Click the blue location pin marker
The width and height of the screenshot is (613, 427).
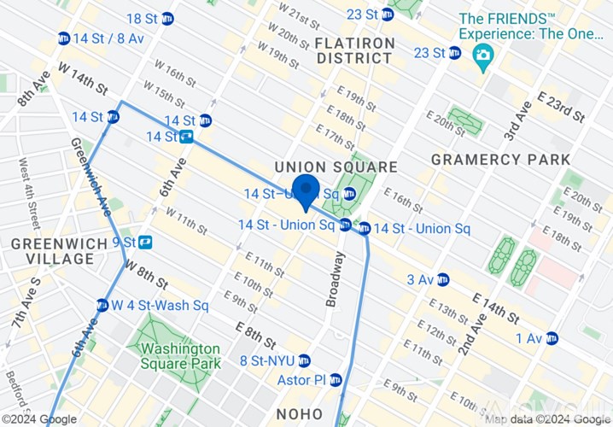pos(306,191)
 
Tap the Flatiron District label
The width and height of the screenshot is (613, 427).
pos(355,50)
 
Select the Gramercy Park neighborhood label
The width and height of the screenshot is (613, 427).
pos(500,160)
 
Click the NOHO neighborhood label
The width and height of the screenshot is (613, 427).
pos(300,413)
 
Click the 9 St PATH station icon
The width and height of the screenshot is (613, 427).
pos(144,243)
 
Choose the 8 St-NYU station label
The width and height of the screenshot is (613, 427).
pos(267,360)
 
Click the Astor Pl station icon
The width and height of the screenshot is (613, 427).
pos(336,379)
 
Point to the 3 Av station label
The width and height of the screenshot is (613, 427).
pos(420,279)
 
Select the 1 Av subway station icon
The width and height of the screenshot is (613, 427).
pos(552,338)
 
